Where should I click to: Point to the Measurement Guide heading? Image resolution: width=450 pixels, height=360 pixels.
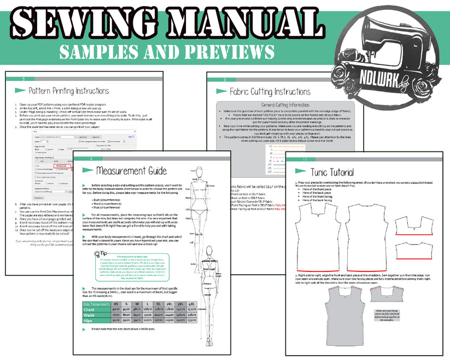(131, 171)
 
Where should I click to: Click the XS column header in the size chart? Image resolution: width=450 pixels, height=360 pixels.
(116, 303)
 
